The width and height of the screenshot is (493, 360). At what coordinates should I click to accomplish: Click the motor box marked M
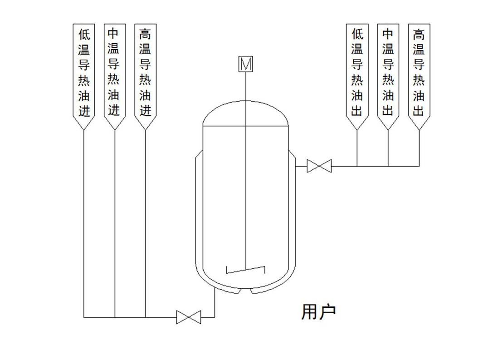pyautogui.click(x=245, y=64)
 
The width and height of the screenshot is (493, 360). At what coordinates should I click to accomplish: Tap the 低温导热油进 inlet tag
pyautogui.click(x=84, y=73)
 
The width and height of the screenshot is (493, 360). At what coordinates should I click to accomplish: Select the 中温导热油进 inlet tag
pyautogui.click(x=114, y=73)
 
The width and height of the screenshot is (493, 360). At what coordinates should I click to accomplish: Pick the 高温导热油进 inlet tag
pyautogui.click(x=145, y=73)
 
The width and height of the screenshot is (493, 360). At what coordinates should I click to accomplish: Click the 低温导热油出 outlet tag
pyautogui.click(x=357, y=73)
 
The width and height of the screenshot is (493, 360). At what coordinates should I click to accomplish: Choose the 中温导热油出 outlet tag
pyautogui.click(x=388, y=73)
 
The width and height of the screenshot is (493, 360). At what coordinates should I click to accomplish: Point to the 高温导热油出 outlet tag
pyautogui.click(x=419, y=73)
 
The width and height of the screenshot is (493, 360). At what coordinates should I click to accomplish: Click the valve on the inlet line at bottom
pyautogui.click(x=189, y=317)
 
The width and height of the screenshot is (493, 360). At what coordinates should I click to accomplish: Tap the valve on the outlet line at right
pyautogui.click(x=319, y=166)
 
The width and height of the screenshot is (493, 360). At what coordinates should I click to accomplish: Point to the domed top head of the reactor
pyautogui.click(x=245, y=113)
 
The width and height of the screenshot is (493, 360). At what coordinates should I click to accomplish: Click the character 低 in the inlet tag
pyautogui.click(x=84, y=35)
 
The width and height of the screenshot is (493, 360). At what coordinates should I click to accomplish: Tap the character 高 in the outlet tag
pyautogui.click(x=419, y=35)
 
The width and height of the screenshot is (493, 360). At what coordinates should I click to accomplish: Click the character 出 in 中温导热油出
pyautogui.click(x=388, y=111)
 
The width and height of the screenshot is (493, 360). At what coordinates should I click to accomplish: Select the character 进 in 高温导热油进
pyautogui.click(x=145, y=111)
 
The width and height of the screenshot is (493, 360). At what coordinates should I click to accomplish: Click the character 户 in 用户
pyautogui.click(x=327, y=312)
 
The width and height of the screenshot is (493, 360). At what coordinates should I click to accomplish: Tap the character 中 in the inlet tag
pyautogui.click(x=114, y=35)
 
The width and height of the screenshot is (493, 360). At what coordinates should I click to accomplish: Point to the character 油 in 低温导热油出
pyautogui.click(x=357, y=96)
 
